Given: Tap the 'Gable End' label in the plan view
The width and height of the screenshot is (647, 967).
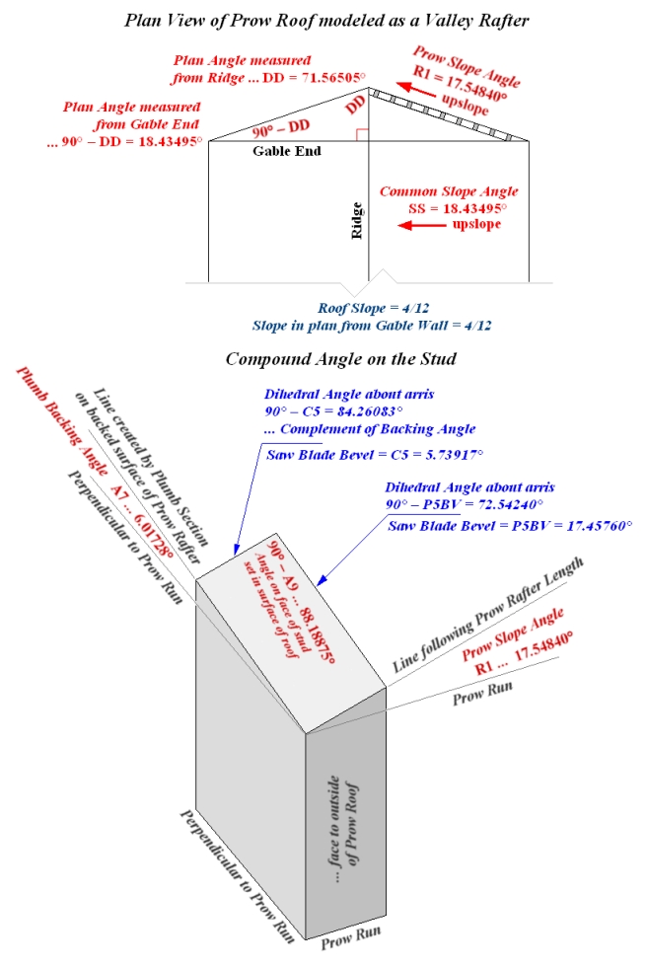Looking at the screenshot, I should pyautogui.click(x=286, y=152).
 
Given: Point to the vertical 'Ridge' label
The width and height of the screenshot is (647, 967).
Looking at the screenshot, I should pyautogui.click(x=359, y=222).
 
